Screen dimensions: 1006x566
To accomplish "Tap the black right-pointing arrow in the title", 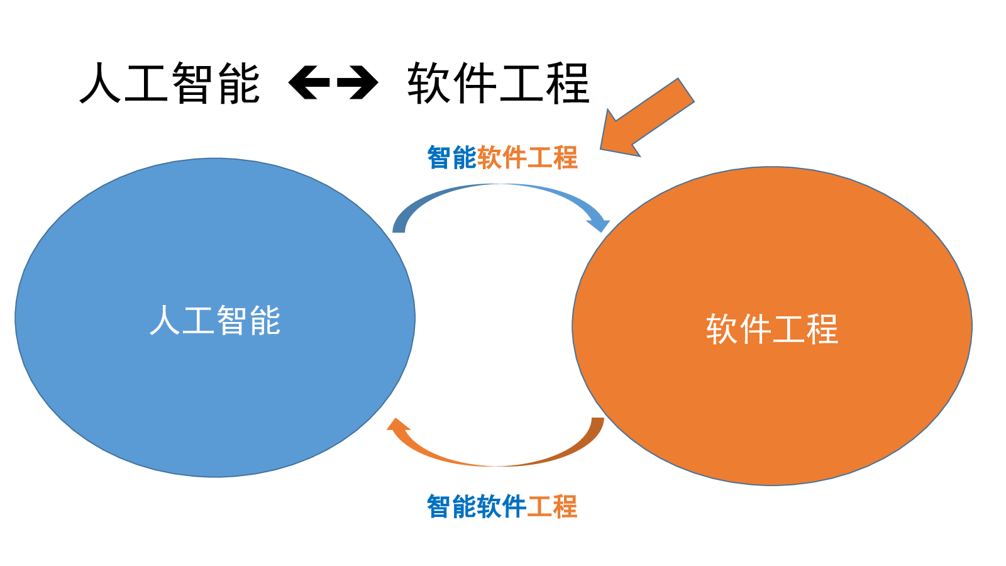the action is click(358, 82).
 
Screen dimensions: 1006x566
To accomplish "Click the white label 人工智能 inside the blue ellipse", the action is click(215, 320).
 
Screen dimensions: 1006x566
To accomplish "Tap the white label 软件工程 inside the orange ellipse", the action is click(772, 330).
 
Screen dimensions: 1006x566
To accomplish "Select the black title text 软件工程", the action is click(498, 83).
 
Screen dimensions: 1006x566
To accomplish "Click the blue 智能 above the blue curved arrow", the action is click(451, 158).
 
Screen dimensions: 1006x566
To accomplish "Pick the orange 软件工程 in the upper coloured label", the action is click(528, 158).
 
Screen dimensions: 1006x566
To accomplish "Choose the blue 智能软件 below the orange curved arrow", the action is click(477, 506).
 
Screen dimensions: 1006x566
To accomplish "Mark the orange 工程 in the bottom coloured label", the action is click(553, 506).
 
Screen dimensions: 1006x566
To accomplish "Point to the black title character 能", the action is click(239, 83).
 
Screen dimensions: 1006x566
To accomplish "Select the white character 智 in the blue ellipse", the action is click(232, 320).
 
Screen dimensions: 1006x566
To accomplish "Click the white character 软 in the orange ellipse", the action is click(721, 330).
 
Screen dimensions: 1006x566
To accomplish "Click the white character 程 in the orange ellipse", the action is click(822, 330).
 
